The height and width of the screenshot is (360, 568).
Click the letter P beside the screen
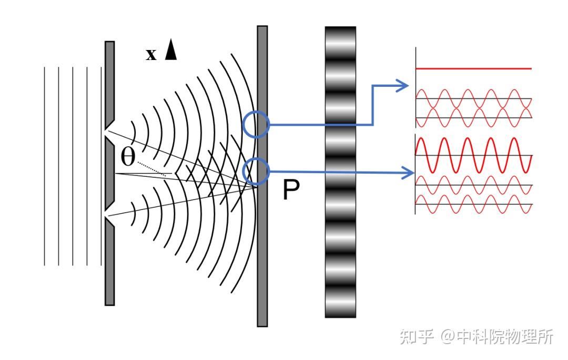(x=291, y=189)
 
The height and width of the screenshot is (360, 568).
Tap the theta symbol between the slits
(x=127, y=157)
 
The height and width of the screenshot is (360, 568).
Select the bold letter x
(x=151, y=54)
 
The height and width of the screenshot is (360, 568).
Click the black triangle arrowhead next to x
(x=171, y=49)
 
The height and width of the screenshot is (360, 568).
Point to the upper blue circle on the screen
(x=256, y=124)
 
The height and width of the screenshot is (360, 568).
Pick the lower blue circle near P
(x=256, y=172)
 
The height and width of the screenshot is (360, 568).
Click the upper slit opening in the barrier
(x=109, y=132)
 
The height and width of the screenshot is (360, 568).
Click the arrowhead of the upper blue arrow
(x=402, y=86)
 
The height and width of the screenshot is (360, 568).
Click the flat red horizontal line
(x=473, y=68)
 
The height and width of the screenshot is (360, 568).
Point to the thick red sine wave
(x=473, y=155)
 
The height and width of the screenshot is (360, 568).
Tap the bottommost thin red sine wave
(x=473, y=204)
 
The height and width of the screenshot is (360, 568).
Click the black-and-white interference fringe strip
(x=340, y=172)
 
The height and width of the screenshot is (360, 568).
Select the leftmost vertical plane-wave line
(x=45, y=166)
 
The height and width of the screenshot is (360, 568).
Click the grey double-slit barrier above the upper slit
(x=110, y=82)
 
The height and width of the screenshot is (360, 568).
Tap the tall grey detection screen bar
(x=262, y=176)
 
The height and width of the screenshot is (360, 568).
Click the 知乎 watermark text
(x=417, y=336)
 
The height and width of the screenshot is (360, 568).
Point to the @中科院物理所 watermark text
(x=497, y=336)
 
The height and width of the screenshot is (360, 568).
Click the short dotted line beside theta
(x=151, y=168)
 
